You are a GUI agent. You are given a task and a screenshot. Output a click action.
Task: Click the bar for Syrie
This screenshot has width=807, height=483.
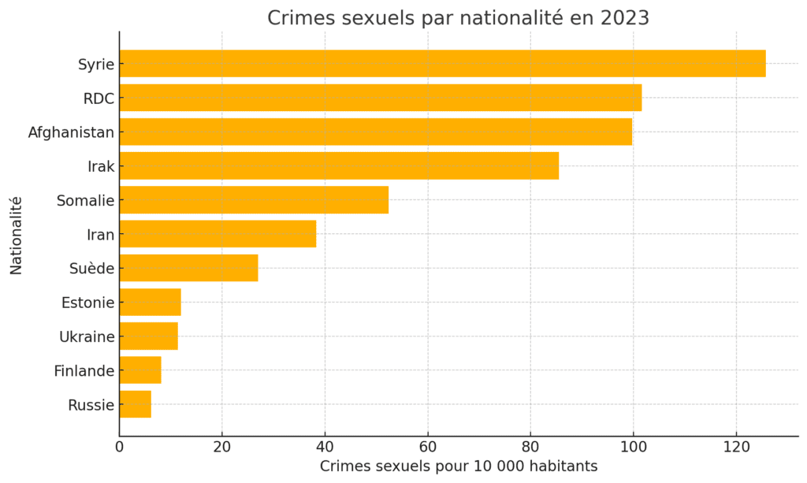(442, 64)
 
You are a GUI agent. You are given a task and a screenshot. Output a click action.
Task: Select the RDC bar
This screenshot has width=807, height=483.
(381, 98)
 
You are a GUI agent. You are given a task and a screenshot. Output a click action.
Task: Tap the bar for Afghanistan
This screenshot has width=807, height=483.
(375, 132)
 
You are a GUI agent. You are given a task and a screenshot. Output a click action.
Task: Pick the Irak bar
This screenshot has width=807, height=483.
(339, 165)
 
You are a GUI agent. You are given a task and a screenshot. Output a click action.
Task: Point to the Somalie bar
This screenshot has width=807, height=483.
(254, 200)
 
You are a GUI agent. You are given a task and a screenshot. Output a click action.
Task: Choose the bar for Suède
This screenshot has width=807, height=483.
(188, 268)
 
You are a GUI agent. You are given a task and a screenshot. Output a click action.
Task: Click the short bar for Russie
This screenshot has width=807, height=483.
(135, 405)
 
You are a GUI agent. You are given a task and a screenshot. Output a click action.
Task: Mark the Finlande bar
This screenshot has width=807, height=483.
(140, 370)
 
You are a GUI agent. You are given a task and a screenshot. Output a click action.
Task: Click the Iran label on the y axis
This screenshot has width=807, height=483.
(100, 234)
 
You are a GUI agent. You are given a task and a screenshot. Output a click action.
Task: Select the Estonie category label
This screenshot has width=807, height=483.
(87, 303)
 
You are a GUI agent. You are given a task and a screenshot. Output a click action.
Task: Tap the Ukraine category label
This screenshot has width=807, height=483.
(87, 336)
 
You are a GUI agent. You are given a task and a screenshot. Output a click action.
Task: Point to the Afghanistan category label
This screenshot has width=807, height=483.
(71, 132)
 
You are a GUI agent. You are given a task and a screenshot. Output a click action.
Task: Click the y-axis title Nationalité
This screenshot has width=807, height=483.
(17, 235)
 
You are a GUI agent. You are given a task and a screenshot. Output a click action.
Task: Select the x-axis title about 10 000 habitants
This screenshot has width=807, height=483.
(459, 466)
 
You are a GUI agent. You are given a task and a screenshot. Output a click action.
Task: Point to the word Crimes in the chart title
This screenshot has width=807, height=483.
(296, 17)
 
